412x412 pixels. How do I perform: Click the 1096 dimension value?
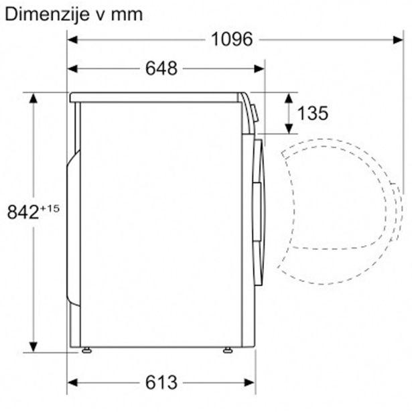[232, 40]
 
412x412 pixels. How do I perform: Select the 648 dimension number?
[161, 68]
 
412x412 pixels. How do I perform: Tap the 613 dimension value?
[161, 383]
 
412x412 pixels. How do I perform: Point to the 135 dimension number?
[313, 113]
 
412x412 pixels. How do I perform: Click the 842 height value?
[23, 212]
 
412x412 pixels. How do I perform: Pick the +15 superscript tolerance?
[50, 208]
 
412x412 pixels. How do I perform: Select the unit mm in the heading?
[127, 16]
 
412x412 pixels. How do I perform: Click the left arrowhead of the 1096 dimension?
[72, 40]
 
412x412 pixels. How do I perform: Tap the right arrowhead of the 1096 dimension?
[398, 40]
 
